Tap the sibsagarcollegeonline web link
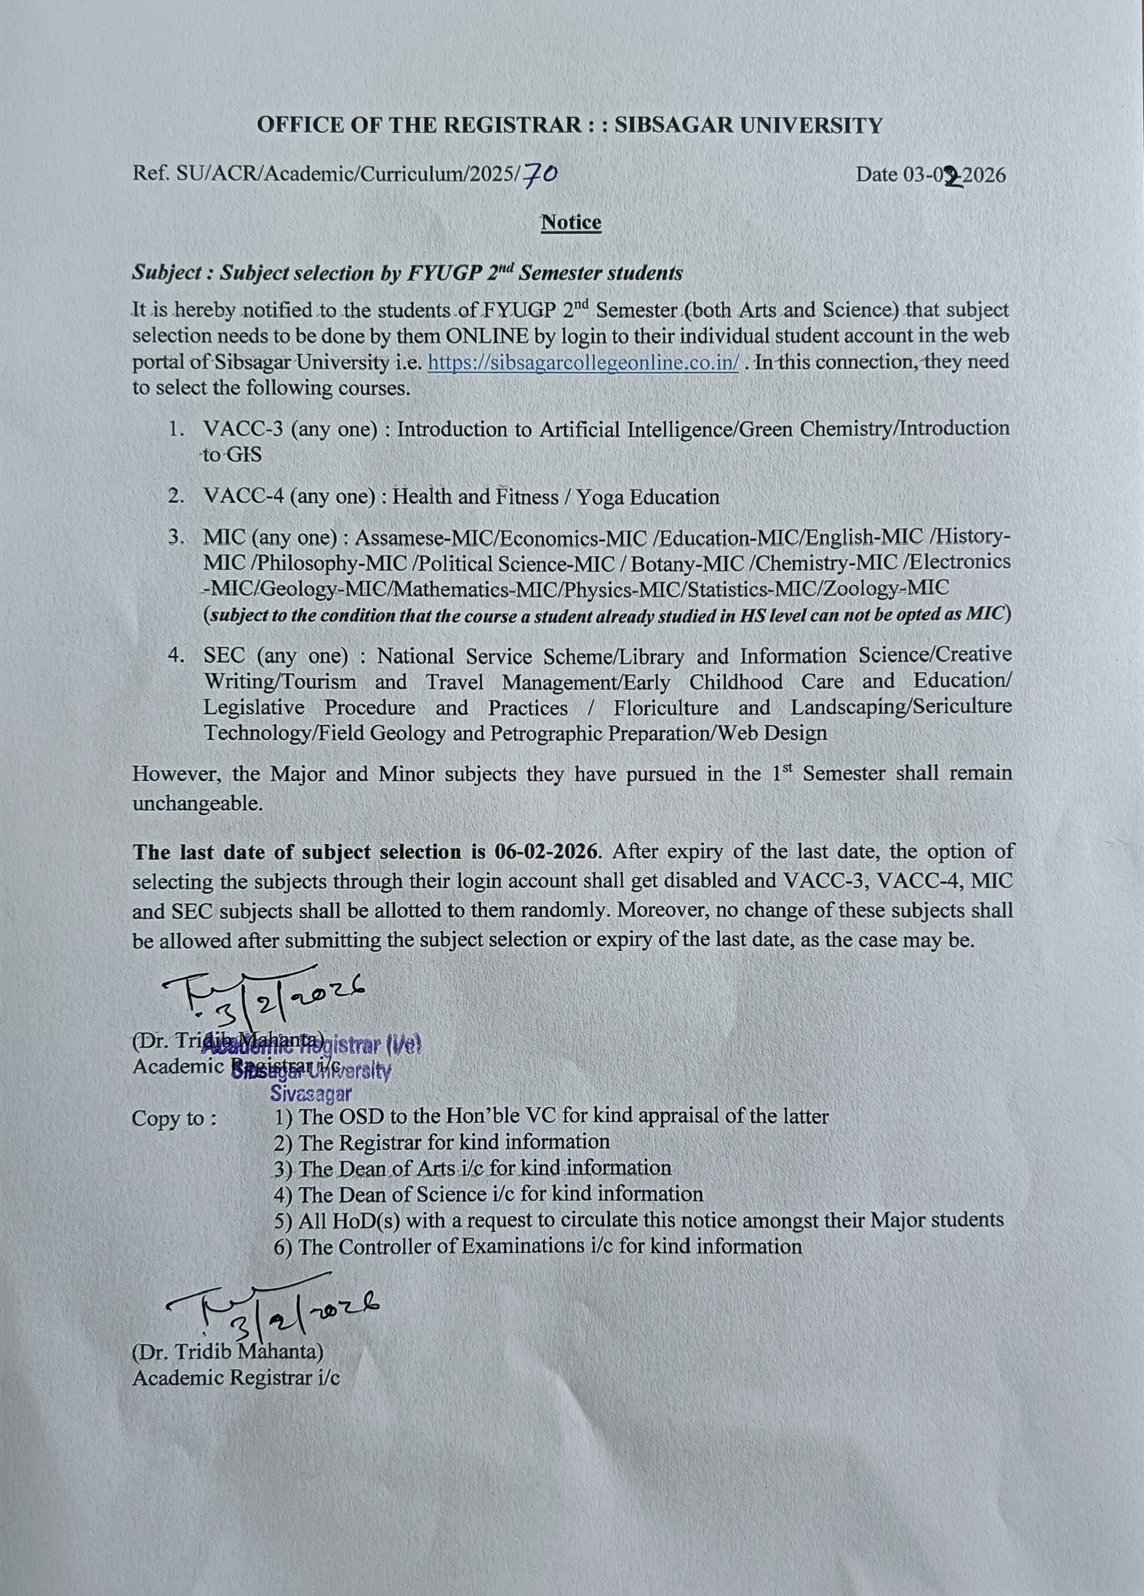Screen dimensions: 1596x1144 coord(583,362)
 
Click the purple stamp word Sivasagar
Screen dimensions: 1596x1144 coord(311,1094)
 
